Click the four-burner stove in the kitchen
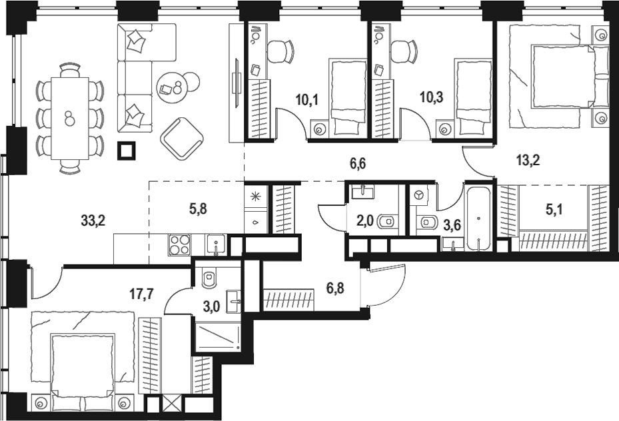pos(180,245)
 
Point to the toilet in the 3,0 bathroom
pos(209,276)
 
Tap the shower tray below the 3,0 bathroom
pos(217,336)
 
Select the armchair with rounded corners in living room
pos(182,138)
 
